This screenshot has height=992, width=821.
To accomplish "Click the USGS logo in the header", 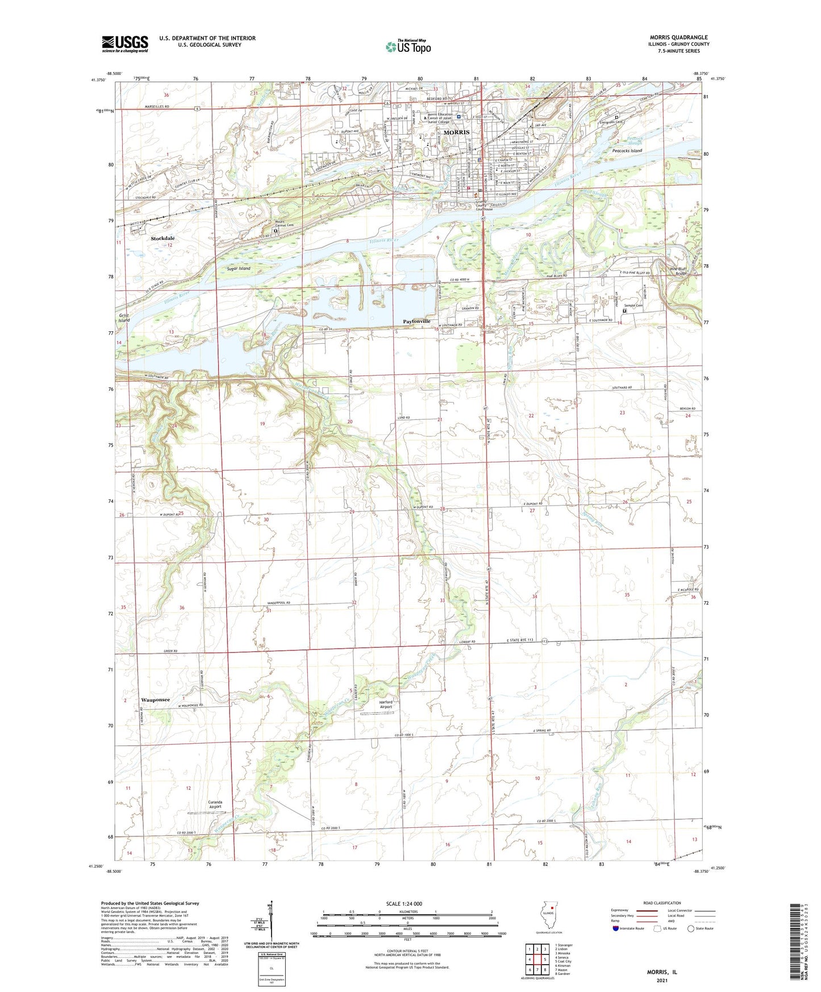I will [124, 44].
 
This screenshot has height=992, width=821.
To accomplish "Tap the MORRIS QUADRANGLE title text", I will [678, 37].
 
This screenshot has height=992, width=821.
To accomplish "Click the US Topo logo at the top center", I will [407, 47].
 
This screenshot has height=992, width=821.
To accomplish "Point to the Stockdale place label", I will [162, 239].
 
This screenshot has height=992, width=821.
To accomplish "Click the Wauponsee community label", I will [155, 700].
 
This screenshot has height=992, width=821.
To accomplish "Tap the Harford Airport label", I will [386, 705].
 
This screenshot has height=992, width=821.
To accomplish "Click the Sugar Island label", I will [239, 268].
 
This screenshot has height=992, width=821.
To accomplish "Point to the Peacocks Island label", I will [627, 151].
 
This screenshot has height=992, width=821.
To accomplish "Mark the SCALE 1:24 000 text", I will [404, 903].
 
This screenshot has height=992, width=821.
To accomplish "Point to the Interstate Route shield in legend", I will [616, 928].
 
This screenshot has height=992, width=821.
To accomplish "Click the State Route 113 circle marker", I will [544, 641].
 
